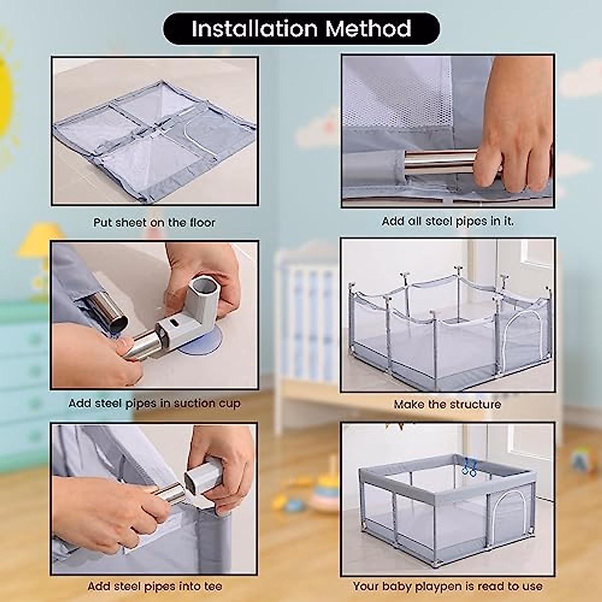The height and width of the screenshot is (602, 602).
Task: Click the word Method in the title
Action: [x=369, y=29]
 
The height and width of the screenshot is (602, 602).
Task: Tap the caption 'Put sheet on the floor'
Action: [x=154, y=222]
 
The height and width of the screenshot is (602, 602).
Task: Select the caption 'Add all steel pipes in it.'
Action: [x=447, y=221]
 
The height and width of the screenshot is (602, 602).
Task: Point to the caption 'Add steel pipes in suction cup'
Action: [x=154, y=403]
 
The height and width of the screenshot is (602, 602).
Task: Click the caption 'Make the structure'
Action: [x=447, y=404]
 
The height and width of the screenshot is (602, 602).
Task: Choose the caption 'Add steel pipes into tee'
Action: [x=154, y=586]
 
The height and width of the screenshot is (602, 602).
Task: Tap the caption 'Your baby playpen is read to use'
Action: [x=447, y=586]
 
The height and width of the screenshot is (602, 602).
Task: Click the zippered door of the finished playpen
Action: [x=508, y=514]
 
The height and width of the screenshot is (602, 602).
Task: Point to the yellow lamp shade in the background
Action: [x=40, y=240]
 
